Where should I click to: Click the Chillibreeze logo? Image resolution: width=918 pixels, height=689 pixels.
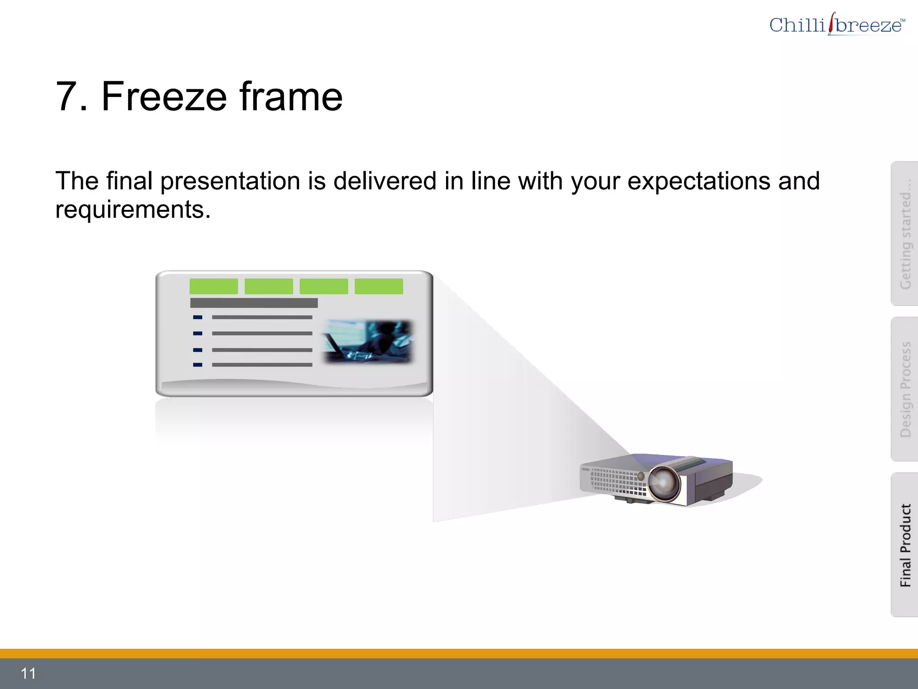coord(836,24)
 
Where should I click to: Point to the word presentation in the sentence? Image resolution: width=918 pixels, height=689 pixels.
coord(230,181)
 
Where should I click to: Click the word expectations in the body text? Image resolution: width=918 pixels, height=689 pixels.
coord(698,181)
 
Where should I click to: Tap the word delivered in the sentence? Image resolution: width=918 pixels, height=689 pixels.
coord(385,181)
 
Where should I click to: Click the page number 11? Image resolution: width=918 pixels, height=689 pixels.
coord(28,673)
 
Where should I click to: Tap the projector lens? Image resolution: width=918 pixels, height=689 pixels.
coord(664,483)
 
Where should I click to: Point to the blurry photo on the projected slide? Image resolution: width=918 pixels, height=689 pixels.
coord(368,341)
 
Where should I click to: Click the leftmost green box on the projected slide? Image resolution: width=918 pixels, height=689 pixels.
coord(213,286)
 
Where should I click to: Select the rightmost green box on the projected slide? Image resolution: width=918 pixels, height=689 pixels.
coord(379,286)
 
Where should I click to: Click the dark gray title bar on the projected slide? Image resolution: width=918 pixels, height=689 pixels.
coord(254,303)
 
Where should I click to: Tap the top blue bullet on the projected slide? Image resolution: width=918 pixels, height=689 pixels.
coord(198,317)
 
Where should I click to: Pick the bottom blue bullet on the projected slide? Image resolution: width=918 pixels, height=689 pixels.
coord(198,365)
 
